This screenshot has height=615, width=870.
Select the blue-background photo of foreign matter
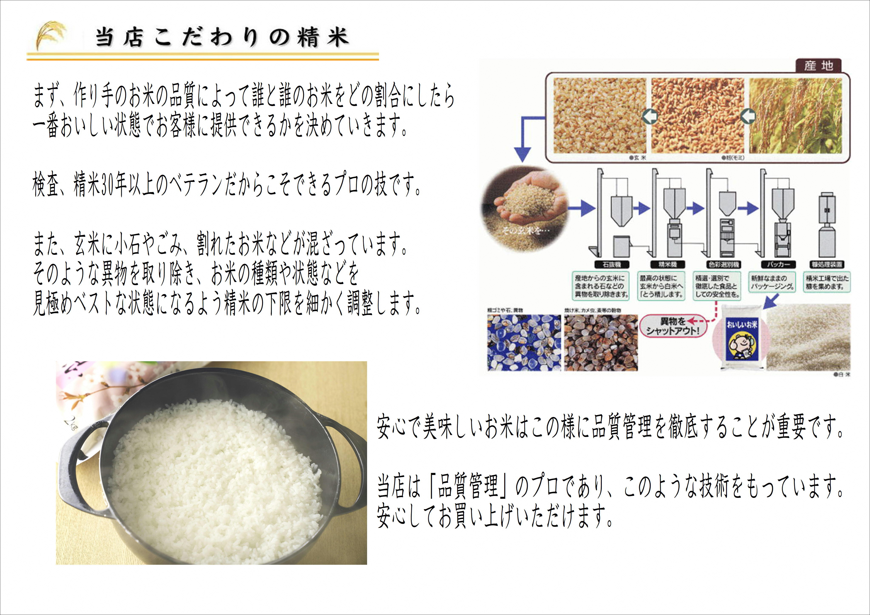523,343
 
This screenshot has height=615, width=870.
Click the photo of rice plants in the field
796,116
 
